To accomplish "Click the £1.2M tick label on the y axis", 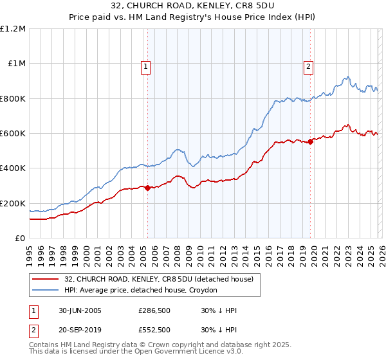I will click(13, 29).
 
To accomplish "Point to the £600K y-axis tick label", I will click(13, 134).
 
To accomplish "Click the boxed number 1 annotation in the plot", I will click(146, 66).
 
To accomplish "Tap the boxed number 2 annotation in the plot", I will click(309, 66).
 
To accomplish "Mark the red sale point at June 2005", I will click(148, 188).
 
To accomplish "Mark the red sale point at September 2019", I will click(310, 141).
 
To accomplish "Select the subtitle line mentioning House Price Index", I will click(192, 19).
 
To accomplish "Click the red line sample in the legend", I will click(46, 279).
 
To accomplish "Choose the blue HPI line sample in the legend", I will click(46, 290).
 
